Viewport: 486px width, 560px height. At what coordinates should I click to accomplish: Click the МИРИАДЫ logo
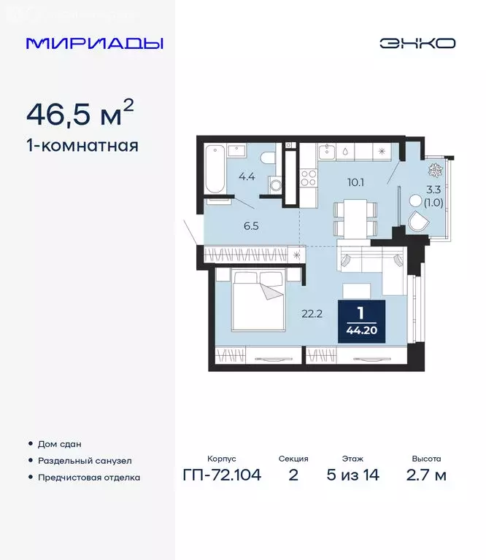[x=94, y=43]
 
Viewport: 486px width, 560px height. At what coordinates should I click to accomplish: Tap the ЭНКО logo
[x=417, y=43]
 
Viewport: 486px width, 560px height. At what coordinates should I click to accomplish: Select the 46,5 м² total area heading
[x=80, y=114]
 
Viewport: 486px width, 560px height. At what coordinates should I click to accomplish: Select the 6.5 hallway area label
[x=251, y=226]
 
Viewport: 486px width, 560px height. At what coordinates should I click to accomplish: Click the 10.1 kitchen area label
[x=356, y=182]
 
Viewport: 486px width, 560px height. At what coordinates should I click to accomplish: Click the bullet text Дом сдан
[x=61, y=444]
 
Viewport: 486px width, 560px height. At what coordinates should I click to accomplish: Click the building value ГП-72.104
[x=222, y=475]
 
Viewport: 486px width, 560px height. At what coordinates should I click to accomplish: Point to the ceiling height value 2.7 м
[x=426, y=475]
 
